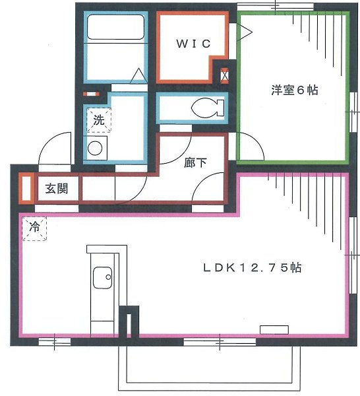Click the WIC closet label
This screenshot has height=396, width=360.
point(193,44)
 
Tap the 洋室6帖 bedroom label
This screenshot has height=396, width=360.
point(294,90)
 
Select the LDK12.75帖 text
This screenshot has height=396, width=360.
point(252,268)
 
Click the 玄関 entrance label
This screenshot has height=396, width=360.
point(56,189)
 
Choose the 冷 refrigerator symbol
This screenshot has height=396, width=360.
point(33,228)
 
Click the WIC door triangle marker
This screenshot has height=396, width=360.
point(244,30)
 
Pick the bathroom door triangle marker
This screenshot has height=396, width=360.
point(137,77)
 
